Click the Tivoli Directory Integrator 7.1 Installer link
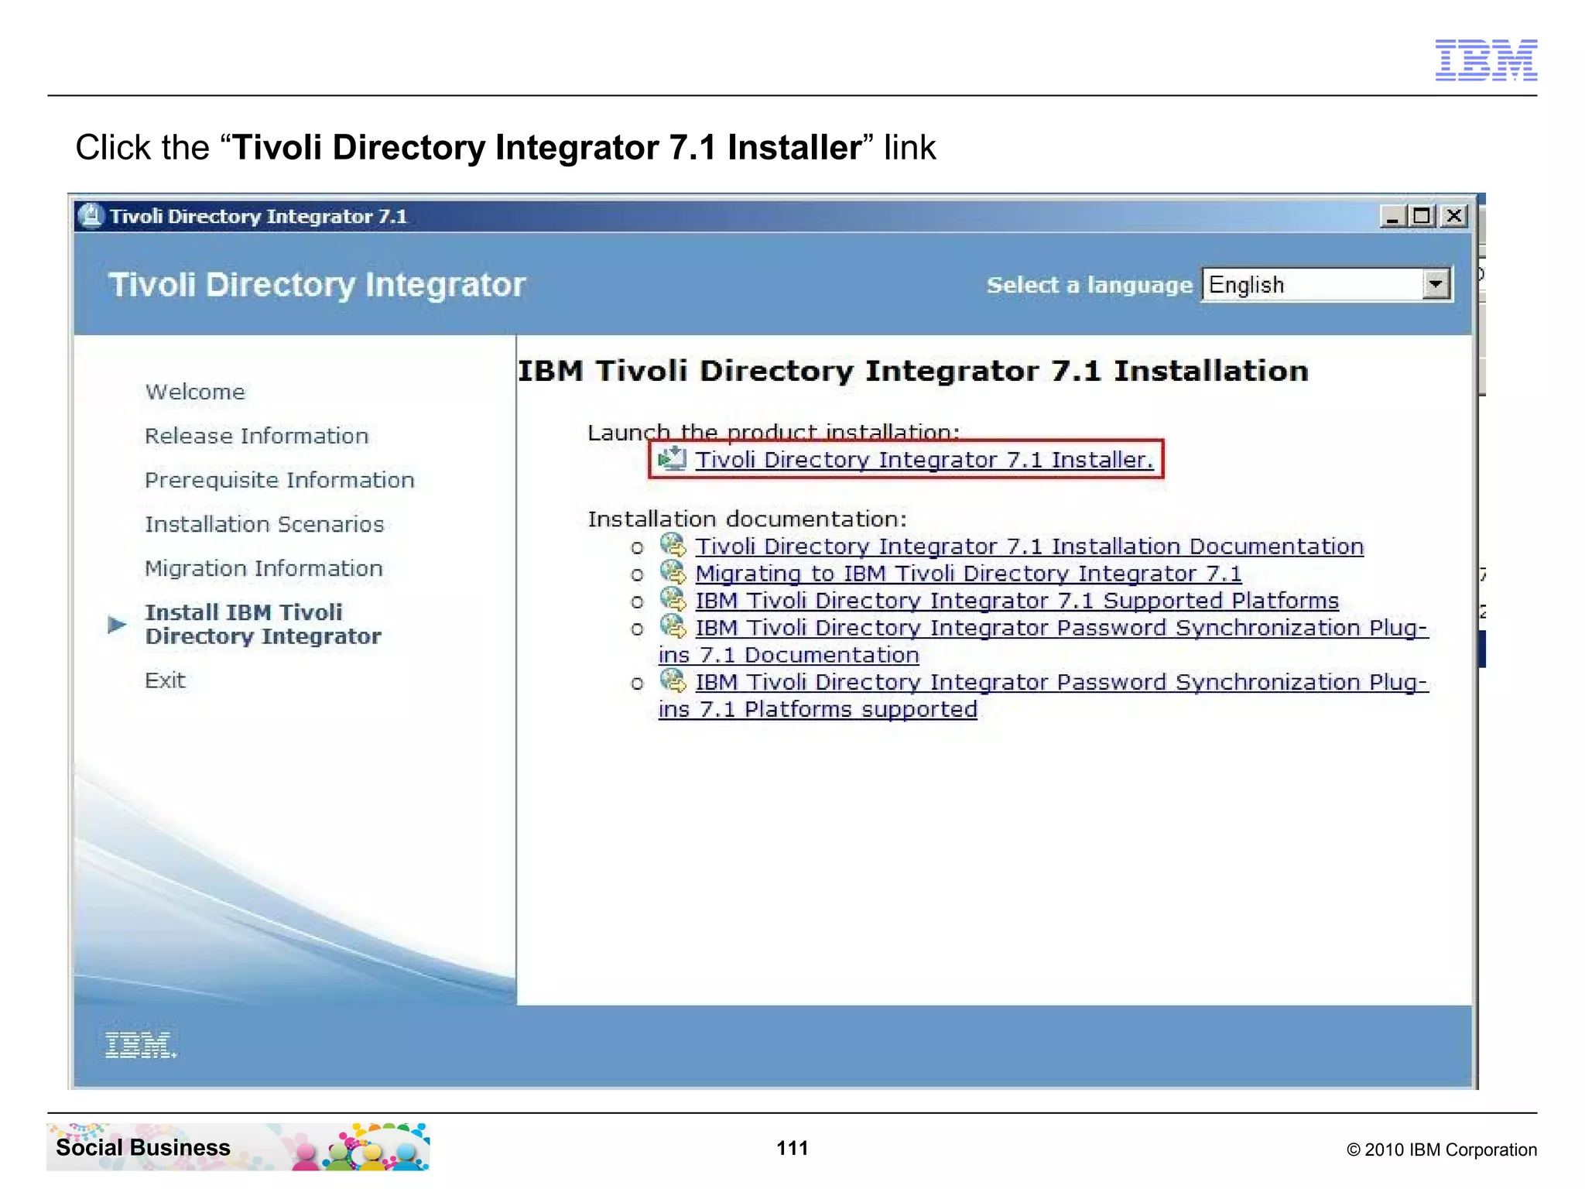[923, 460]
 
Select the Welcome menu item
[195, 392]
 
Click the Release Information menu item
[256, 436]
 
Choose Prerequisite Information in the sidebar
[279, 480]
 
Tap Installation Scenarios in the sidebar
[264, 524]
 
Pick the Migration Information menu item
[263, 568]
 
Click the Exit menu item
[165, 680]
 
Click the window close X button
[1454, 216]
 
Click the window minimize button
[1392, 216]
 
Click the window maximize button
[1422, 216]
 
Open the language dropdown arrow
[1436, 284]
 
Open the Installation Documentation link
[1029, 547]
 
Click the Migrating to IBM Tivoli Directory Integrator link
[967, 574]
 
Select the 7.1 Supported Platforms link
[1016, 601]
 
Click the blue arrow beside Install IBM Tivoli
[117, 624]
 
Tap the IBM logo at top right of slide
[1486, 60]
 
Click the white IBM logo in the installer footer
[140, 1045]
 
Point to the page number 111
[792, 1148]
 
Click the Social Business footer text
[143, 1147]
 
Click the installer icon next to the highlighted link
[672, 459]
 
